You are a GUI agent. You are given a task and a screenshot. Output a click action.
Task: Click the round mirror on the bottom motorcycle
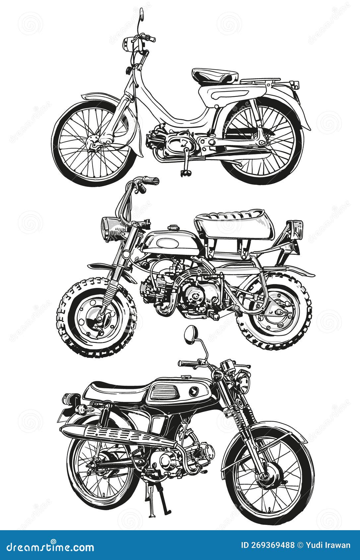tap(190, 334)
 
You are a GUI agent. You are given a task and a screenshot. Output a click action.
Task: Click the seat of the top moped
tap(215, 76)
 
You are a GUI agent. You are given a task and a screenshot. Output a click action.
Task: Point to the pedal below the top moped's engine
tap(184, 172)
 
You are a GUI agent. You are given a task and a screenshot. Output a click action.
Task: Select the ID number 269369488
tap(268, 545)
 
